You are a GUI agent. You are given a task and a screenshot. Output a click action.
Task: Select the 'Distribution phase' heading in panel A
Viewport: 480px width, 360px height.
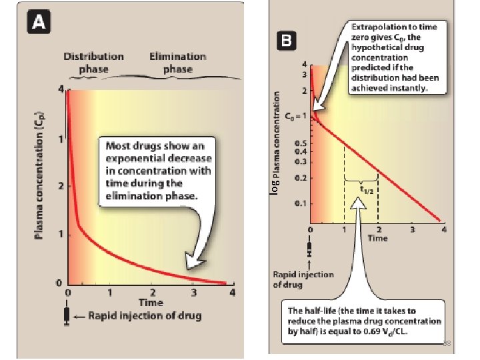(x=93, y=63)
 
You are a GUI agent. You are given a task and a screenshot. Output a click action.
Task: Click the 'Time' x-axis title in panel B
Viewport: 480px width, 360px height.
(x=377, y=238)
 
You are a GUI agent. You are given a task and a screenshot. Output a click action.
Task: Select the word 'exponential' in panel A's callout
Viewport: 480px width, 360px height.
(x=137, y=159)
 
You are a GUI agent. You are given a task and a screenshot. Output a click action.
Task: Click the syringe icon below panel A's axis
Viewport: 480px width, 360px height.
(x=67, y=315)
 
